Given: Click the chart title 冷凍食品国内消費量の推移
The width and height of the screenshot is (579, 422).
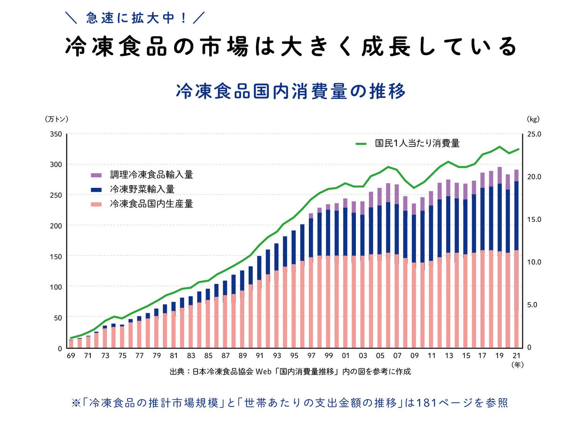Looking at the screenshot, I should (x=291, y=91).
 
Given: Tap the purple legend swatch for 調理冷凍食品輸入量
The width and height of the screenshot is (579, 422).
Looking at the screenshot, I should (x=96, y=175).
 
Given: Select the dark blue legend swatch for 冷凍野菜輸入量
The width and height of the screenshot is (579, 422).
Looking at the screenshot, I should (x=96, y=189).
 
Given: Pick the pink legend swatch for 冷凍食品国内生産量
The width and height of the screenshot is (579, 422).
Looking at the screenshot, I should (x=96, y=204).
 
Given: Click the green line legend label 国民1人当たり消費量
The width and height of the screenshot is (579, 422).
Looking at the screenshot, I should (x=417, y=143).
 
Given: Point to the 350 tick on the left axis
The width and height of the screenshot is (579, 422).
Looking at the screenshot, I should (x=56, y=134).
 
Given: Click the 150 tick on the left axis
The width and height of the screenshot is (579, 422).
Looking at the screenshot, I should (x=56, y=257).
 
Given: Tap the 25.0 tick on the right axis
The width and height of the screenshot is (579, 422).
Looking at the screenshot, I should (x=534, y=134).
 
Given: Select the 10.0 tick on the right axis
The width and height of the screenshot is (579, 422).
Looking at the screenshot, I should (x=534, y=262).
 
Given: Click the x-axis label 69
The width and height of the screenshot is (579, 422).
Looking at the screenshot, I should (x=71, y=356).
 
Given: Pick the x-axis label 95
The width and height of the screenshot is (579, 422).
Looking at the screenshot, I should (x=294, y=356).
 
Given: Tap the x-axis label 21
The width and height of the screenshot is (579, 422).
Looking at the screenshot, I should (x=516, y=356).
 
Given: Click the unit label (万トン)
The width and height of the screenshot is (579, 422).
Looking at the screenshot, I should (x=57, y=119).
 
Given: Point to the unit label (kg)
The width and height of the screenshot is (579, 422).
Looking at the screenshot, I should (x=533, y=119).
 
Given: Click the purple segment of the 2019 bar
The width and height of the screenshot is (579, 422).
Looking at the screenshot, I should (x=499, y=176).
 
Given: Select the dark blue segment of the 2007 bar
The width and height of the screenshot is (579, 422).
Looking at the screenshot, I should (x=397, y=228).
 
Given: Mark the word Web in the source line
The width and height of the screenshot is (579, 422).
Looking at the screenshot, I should (x=263, y=372).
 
